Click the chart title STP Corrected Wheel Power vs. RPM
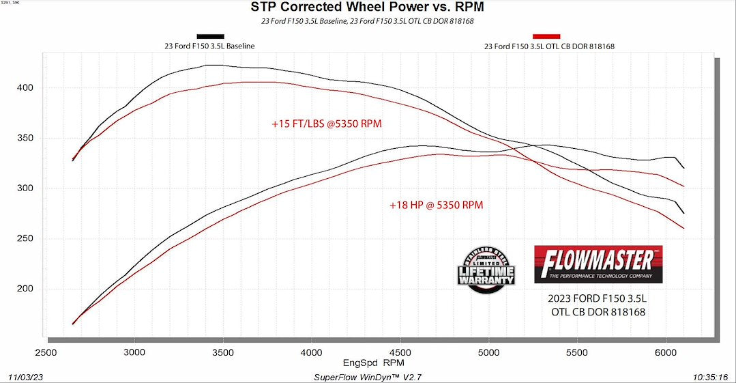tap(368, 8)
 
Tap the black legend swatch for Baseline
tap(209, 36)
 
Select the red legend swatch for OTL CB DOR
tap(546, 36)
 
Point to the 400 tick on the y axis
tap(26, 88)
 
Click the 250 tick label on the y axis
tap(26, 239)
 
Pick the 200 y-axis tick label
tap(26, 289)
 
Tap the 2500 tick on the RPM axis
tap(46, 352)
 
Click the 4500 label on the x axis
tap(400, 352)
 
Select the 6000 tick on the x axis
tap(666, 352)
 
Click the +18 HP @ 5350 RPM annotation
tap(436, 204)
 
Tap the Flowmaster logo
tap(598, 264)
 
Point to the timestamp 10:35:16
tap(709, 376)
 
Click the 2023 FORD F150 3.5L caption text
tap(597, 299)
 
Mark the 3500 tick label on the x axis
tap(223, 352)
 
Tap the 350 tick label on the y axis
tap(26, 139)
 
